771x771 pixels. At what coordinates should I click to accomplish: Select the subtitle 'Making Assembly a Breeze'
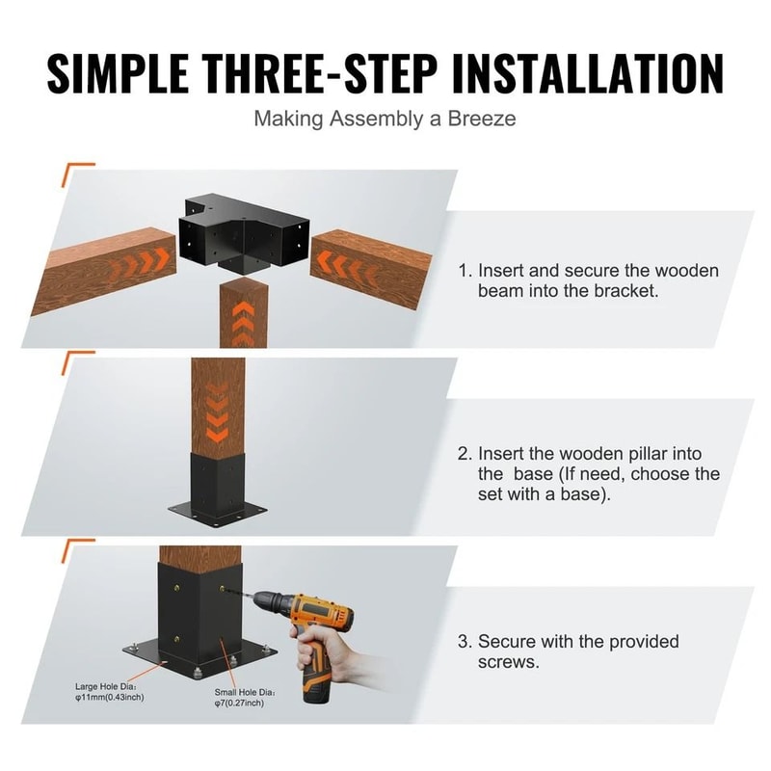(385, 120)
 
